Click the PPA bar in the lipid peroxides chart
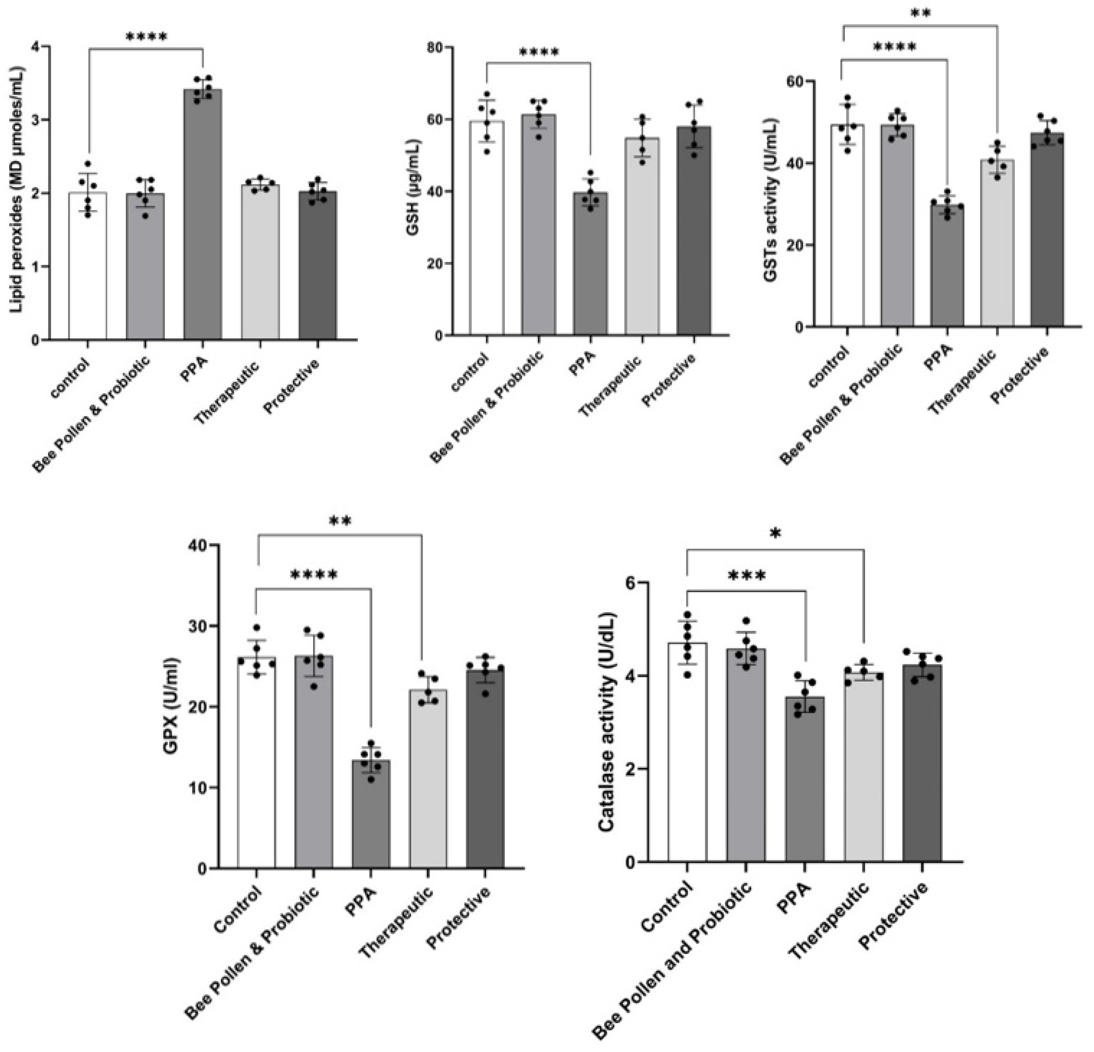click(x=203, y=223)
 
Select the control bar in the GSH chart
click(x=487, y=235)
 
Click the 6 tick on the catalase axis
click(x=629, y=582)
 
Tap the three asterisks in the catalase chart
click(x=747, y=575)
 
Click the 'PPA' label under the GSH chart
click(x=583, y=364)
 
